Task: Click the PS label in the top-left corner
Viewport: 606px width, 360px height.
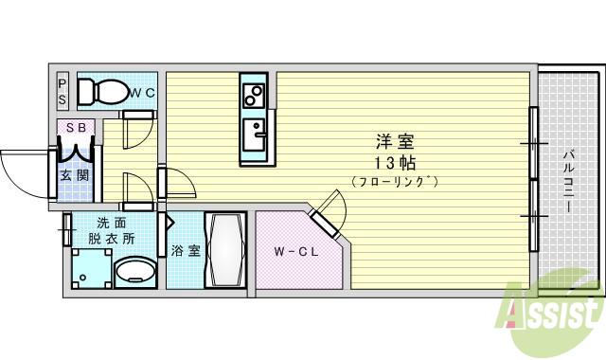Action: click(x=62, y=90)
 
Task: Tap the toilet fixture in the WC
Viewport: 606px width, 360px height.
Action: click(x=101, y=92)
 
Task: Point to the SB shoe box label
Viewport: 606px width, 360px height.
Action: click(x=74, y=127)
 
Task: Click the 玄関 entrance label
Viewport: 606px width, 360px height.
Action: click(x=74, y=176)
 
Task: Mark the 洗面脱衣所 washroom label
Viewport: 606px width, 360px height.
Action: click(x=111, y=231)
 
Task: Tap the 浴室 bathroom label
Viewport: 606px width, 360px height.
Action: click(x=186, y=251)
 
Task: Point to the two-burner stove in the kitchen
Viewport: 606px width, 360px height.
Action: click(x=253, y=96)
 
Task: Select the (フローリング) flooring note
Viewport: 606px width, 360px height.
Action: click(x=394, y=180)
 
